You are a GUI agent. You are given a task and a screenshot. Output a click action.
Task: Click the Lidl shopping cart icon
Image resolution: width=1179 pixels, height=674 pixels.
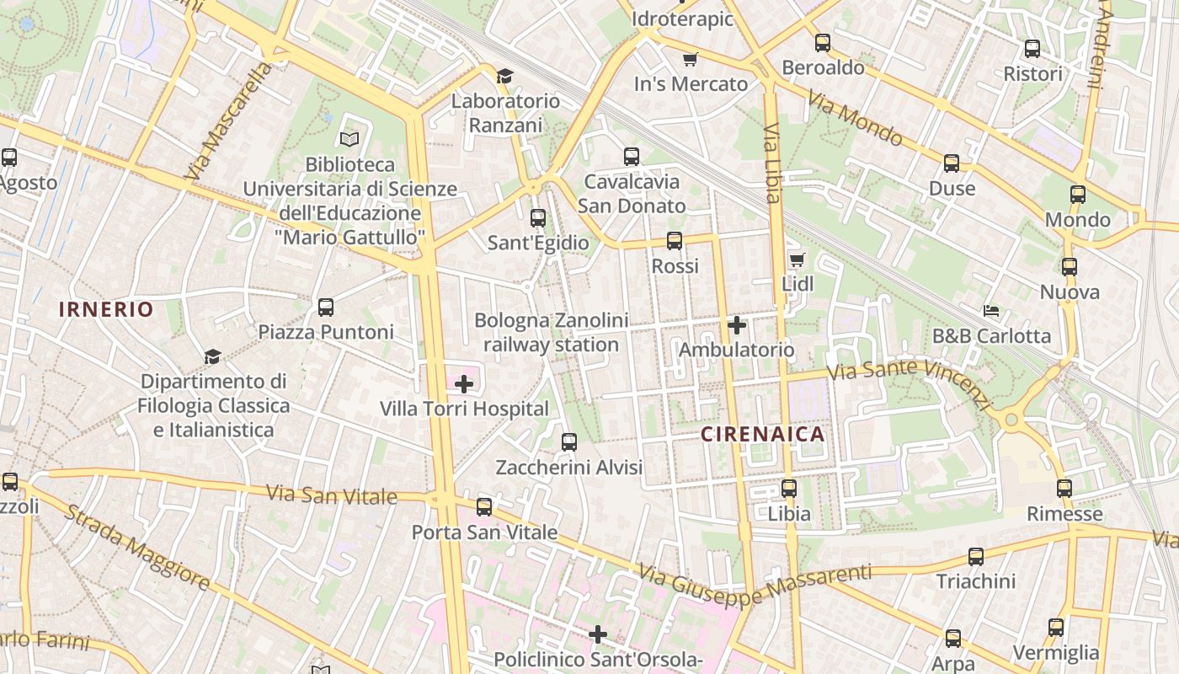point(797,259)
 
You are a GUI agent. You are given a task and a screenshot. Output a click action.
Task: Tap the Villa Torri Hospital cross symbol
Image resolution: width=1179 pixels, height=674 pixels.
point(463,385)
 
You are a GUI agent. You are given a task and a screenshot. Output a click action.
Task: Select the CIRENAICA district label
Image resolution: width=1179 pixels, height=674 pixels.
point(763,435)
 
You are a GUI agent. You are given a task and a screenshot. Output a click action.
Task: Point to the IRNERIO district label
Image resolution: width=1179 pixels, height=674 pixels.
point(106,309)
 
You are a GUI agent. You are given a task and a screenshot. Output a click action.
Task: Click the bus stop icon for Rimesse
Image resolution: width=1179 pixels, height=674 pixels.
point(1064,489)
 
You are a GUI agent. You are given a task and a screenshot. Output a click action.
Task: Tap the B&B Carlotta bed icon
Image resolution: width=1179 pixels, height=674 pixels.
point(991,312)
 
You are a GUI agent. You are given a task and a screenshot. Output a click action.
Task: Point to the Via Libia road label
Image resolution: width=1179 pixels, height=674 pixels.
point(772,163)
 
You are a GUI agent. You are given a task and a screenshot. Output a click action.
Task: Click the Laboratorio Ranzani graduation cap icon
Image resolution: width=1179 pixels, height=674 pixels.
point(504,76)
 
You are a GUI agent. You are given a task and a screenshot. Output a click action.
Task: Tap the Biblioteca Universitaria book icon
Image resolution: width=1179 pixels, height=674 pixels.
point(349,139)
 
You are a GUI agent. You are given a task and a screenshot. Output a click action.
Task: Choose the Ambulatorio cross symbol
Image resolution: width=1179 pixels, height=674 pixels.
point(737,325)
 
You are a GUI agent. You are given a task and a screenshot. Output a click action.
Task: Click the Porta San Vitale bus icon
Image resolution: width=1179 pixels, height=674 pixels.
point(484,507)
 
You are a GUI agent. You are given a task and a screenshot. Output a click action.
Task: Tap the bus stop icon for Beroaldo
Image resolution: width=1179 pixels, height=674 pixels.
point(823,43)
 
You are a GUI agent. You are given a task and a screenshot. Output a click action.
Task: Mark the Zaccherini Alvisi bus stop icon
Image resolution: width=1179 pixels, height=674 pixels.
point(569,442)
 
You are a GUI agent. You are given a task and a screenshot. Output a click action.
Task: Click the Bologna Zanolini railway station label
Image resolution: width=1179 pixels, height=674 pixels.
point(552,333)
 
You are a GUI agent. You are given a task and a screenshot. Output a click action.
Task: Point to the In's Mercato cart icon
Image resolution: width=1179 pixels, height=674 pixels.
point(691,59)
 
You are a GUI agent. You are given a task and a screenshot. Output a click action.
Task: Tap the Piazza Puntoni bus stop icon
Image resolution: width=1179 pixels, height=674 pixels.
point(326,308)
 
